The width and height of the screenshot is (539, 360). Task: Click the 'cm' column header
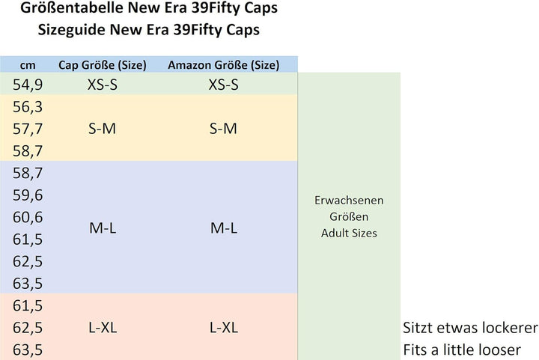click(x=28, y=64)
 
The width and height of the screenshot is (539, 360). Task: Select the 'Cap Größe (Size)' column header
click(x=103, y=64)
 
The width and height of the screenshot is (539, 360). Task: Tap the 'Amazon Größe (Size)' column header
click(x=223, y=64)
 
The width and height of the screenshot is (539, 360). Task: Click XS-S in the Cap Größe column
click(x=103, y=85)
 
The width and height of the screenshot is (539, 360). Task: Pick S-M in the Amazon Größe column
click(x=223, y=129)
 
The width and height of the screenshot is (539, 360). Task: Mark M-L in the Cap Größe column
click(x=103, y=228)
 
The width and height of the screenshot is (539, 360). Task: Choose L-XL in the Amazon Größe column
click(x=223, y=328)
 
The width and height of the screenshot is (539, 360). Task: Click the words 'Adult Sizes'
click(x=349, y=233)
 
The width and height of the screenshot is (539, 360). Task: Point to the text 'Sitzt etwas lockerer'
click(x=470, y=328)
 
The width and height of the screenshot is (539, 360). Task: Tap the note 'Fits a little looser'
click(x=461, y=350)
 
